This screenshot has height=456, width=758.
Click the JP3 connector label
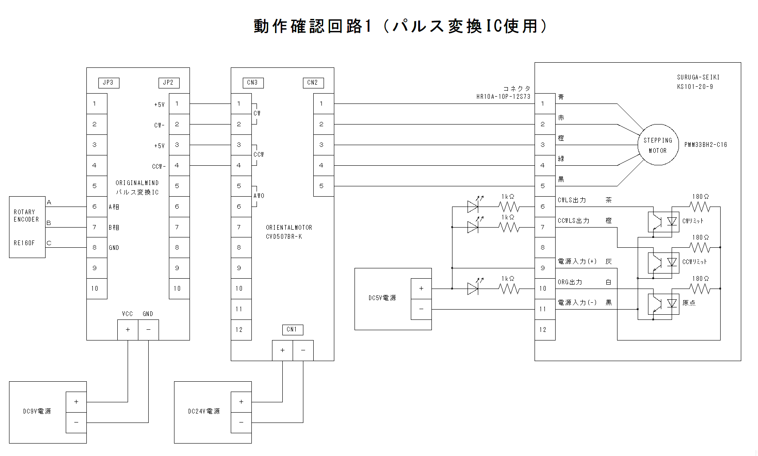point(109,83)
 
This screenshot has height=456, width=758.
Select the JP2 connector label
point(169,83)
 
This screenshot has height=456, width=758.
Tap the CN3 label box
point(253,83)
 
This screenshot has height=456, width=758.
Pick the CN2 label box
point(313,83)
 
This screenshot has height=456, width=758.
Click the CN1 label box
point(292,330)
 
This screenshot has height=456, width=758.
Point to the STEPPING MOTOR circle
point(657,145)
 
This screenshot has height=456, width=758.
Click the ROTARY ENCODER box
point(27,227)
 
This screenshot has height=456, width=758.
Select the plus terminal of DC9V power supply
point(76,402)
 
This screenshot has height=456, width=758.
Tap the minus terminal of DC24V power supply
point(241,423)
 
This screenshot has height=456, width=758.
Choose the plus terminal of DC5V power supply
point(421,289)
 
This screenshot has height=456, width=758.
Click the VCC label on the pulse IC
point(128,314)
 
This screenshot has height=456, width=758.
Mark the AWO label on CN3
point(259,196)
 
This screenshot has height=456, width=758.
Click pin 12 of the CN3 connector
point(239,330)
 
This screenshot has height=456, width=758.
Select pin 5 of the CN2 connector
point(321,186)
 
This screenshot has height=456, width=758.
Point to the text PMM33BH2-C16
point(706,145)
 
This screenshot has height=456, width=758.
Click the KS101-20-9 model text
point(695,87)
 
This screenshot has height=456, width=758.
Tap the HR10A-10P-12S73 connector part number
point(503,97)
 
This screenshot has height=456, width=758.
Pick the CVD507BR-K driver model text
point(284,237)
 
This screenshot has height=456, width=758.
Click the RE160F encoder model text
point(24,243)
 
